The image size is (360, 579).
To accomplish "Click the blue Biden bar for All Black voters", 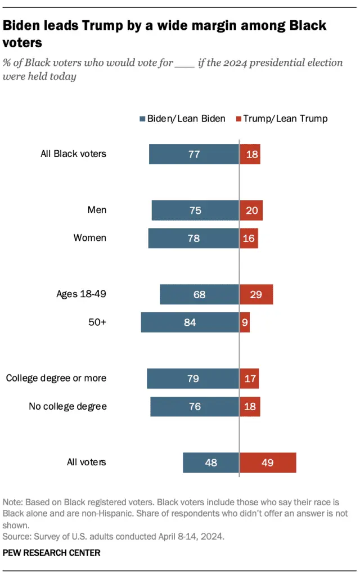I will coord(194,154).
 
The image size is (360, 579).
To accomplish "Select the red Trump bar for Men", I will coord(251,210).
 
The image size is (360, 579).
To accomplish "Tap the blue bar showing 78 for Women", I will coord(193,238).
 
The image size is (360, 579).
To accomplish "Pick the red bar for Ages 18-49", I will coord(256,294).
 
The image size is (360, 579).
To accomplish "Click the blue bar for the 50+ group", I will coord(190,322).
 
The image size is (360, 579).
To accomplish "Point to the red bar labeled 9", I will coord(245,322).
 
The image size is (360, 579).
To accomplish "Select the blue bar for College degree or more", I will coord(193,379).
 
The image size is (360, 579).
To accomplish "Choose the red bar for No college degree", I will coord(250,406).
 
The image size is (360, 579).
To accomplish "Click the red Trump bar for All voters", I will coord(268,463).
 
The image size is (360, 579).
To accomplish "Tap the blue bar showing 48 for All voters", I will coord(211,463).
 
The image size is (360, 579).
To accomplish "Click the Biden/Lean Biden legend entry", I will coord(182,119).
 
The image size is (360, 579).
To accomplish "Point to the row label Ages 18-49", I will coord(81,294).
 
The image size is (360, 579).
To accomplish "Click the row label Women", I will coord(89,238).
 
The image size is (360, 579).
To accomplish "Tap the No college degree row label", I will coord(67,406).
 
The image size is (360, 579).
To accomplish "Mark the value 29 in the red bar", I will coord(256,294).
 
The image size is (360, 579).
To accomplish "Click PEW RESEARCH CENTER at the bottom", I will coord(52,553).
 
